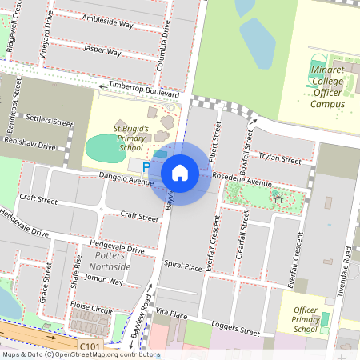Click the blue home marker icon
pyautogui.click(x=180, y=173)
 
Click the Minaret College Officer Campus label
pyautogui.click(x=326, y=87)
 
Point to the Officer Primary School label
pyautogui.click(x=306, y=319)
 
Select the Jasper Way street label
pyautogui.click(x=102, y=53)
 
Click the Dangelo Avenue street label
pyautogui.click(x=126, y=178)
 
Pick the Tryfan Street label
pyautogui.click(x=280, y=158)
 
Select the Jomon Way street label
pyautogui.click(x=104, y=280)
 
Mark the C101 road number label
pyautogui.click(x=90, y=346)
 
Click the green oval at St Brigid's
pyautogui.click(x=102, y=147)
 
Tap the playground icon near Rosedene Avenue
pyautogui.click(x=278, y=194)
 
